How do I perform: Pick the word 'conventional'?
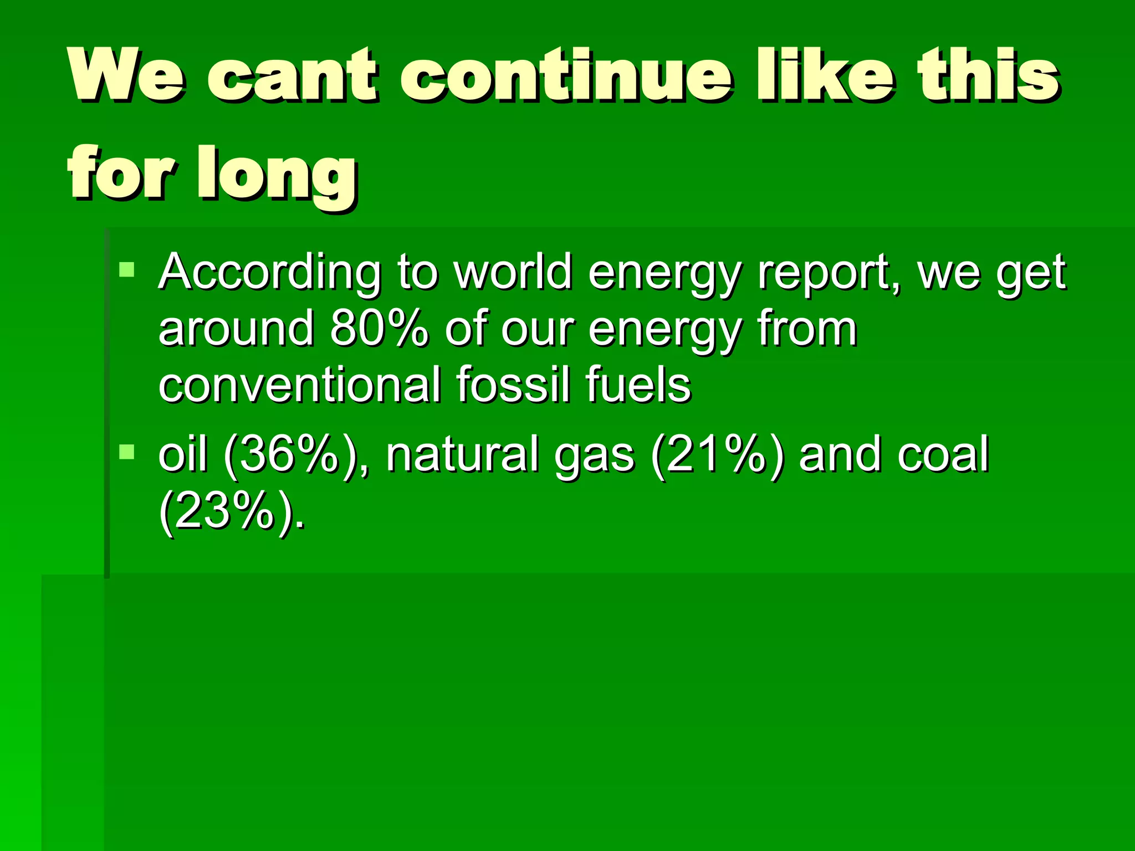pos(299,385)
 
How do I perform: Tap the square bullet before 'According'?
pos(127,270)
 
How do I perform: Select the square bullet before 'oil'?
pos(127,452)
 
